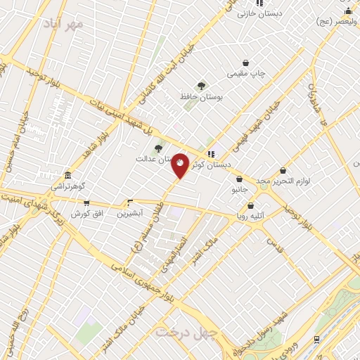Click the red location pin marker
tap(180, 165)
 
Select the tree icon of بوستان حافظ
tap(202, 86)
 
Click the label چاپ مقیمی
tap(246, 73)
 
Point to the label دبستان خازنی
tap(259, 13)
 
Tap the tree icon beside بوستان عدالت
tap(158, 148)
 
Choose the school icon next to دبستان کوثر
tap(211, 154)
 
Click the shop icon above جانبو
tap(240, 179)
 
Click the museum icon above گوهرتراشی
tap(67, 175)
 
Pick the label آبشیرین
tap(129, 212)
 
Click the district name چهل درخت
tap(184, 331)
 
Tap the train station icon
tap(317, 339)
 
